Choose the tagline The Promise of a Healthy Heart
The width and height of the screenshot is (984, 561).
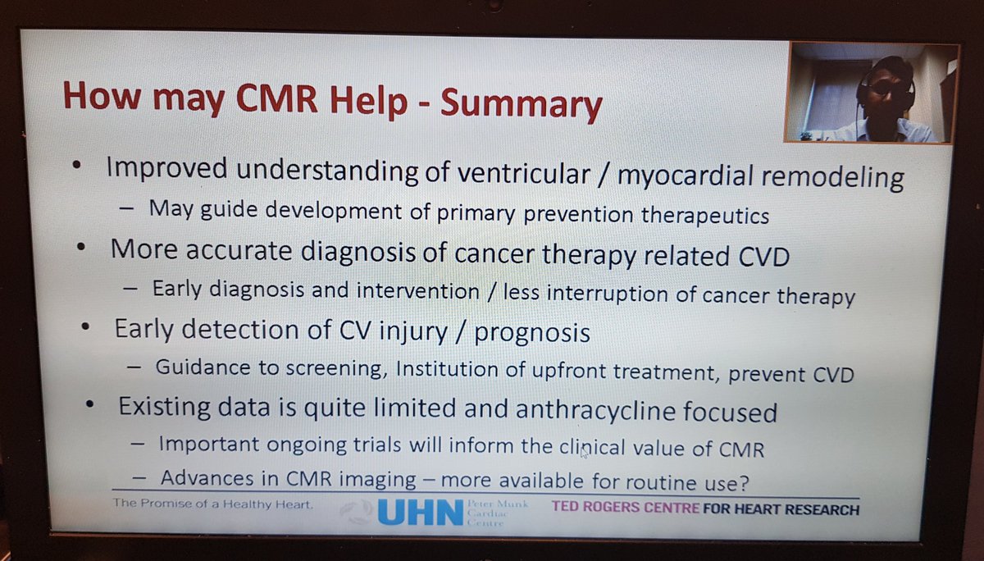click(x=214, y=504)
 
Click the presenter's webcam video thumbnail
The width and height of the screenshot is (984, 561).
click(x=870, y=93)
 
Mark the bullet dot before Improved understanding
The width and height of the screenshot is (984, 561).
click(x=76, y=166)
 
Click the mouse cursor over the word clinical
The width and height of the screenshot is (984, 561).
click(x=584, y=452)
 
